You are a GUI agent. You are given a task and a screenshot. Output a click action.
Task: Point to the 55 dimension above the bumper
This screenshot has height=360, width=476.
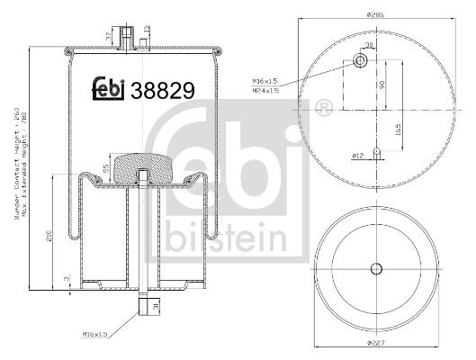105,168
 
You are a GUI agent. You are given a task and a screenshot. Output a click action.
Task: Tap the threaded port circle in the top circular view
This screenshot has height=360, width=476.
360,61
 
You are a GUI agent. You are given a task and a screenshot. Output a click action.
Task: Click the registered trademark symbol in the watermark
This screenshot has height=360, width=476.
321,108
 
